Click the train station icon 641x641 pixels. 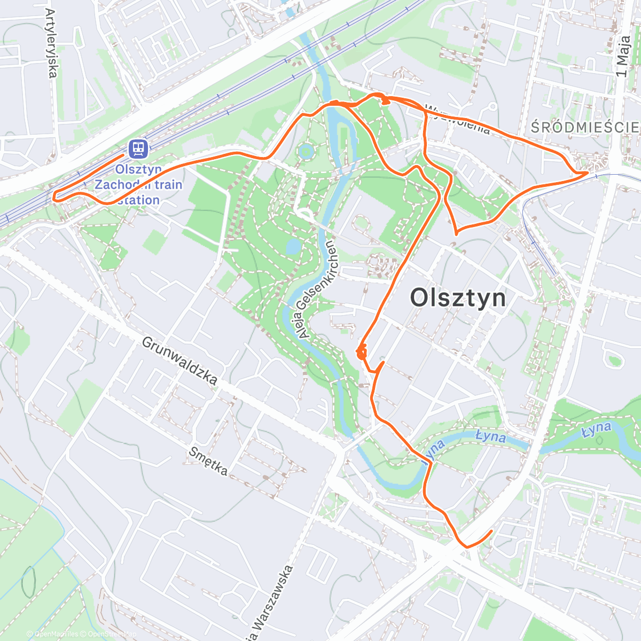(138, 148)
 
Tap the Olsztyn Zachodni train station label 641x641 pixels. (138, 185)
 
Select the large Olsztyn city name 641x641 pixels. (458, 298)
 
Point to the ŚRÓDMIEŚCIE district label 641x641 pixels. (585, 127)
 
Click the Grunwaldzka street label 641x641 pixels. (179, 361)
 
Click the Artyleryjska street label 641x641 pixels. (52, 43)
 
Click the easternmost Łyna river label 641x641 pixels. (597, 429)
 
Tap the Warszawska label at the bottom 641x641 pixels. (273, 604)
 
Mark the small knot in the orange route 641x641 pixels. (361, 352)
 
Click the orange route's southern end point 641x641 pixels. (491, 531)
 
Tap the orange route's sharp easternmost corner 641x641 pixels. (588, 173)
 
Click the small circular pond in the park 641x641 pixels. (305, 151)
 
